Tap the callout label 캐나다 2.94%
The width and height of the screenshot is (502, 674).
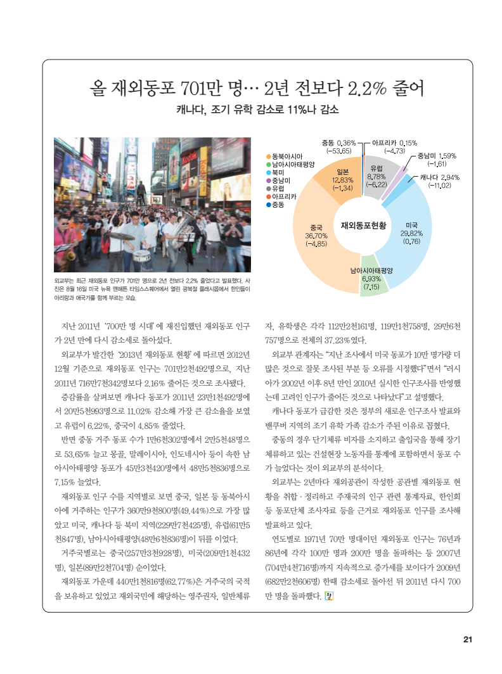point(435,177)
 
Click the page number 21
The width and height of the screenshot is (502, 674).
point(468,639)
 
